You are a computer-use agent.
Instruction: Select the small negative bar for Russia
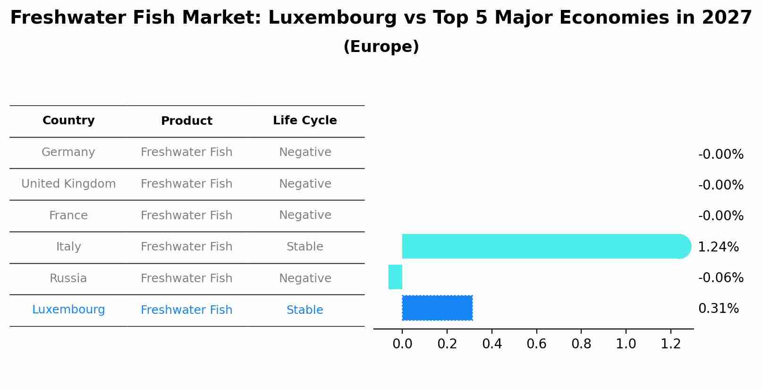pyautogui.click(x=395, y=277)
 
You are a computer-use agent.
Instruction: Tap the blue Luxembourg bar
pyautogui.click(x=437, y=308)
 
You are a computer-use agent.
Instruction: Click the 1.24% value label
pyautogui.click(x=718, y=247)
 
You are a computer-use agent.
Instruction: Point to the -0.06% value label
pyautogui.click(x=720, y=277)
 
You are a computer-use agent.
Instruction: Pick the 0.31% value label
pyautogui.click(x=718, y=309)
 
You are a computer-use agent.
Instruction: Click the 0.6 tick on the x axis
pyautogui.click(x=536, y=344)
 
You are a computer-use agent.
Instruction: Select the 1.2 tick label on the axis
pyautogui.click(x=670, y=344)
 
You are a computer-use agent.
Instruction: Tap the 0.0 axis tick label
pyautogui.click(x=402, y=344)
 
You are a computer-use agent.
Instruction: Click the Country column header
pyautogui.click(x=68, y=121)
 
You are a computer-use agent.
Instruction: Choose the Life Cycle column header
pyautogui.click(x=305, y=121)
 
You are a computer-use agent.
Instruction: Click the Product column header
pyautogui.click(x=186, y=121)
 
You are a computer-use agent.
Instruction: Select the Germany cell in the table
pyautogui.click(x=68, y=152)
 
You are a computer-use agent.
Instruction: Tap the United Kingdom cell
pyautogui.click(x=68, y=184)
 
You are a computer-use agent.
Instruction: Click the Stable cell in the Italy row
pyautogui.click(x=305, y=247)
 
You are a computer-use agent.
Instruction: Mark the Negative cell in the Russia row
pyautogui.click(x=305, y=278)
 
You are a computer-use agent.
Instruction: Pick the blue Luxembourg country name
pyautogui.click(x=68, y=310)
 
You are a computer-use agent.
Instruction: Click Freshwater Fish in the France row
pyautogui.click(x=186, y=216)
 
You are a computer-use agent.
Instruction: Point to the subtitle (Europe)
pyautogui.click(x=381, y=47)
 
